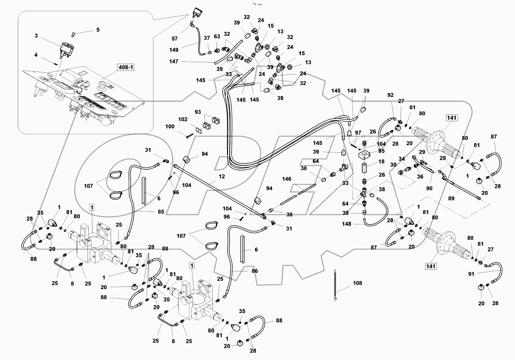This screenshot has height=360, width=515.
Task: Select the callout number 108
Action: click(x=357, y=283)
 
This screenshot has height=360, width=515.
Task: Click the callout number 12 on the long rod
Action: click(x=222, y=177)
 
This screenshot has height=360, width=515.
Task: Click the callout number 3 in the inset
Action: click(x=36, y=36)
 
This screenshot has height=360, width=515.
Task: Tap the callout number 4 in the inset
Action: click(x=36, y=55)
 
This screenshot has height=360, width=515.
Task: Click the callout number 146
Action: click(x=286, y=178)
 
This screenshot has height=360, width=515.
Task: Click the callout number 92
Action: click(x=391, y=95)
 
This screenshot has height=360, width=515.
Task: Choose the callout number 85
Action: click(x=161, y=212)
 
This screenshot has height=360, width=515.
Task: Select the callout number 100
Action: click(x=170, y=126)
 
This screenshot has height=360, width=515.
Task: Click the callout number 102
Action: click(x=183, y=119)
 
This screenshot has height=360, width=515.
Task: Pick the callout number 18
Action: click(x=381, y=162)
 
